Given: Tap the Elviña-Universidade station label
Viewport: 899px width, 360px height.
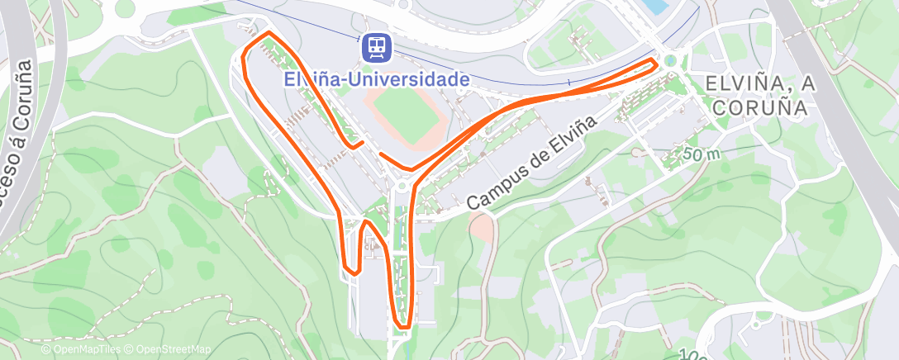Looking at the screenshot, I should [376, 79].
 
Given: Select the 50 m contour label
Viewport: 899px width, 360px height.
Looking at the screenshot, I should [702, 154].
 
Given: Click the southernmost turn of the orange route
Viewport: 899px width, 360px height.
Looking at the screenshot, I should [403, 327].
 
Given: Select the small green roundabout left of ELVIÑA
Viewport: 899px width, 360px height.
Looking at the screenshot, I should [669, 60].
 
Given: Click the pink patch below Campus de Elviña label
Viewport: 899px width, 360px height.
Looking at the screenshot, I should [479, 224].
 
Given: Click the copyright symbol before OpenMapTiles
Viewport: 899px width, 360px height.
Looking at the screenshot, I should [45, 350].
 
